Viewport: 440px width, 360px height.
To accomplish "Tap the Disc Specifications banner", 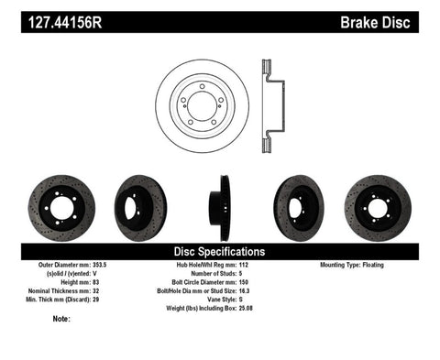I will pos(220,250).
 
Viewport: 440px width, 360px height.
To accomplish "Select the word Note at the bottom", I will pos(61,319).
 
